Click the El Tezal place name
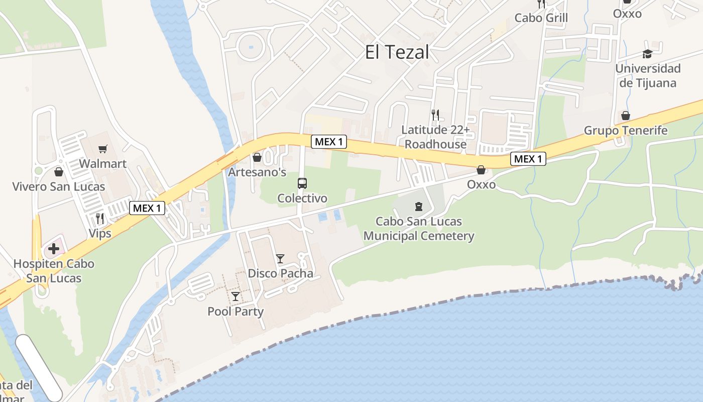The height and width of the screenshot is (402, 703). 397,52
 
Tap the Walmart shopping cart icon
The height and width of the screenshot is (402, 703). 103,149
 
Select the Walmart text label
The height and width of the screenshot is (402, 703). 103,164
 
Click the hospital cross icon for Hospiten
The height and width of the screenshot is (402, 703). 54,249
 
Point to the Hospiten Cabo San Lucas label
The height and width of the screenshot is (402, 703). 54,271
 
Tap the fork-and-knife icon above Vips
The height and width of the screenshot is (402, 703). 99,218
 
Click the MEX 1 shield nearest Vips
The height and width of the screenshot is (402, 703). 147,208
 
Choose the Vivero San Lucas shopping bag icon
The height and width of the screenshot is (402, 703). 59,172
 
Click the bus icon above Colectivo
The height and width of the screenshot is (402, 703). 302,183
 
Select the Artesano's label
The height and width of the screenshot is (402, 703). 257,172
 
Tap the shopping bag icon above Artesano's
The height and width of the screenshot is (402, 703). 257,158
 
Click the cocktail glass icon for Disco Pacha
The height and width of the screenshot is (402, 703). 280,259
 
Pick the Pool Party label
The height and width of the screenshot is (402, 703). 236,312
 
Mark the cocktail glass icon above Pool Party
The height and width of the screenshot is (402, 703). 235,296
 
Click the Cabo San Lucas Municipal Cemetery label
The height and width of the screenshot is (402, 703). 419,229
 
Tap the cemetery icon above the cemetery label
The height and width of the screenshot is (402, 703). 418,206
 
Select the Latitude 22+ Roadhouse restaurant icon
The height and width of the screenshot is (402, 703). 435,115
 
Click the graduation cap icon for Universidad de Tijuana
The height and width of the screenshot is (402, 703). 647,54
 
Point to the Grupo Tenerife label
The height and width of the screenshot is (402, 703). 626,131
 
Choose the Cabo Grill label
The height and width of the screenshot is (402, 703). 541,18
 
